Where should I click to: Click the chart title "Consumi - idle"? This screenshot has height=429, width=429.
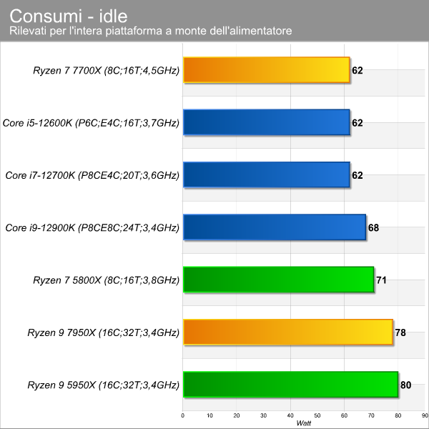69,16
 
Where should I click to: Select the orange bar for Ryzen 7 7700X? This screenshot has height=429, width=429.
267,70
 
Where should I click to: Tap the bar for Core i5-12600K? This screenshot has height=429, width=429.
267,122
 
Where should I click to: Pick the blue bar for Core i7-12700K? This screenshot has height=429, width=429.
267,175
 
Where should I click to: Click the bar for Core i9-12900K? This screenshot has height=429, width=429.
275,227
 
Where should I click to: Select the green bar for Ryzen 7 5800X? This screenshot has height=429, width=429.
279,280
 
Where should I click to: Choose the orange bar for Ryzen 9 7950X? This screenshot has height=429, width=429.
288,332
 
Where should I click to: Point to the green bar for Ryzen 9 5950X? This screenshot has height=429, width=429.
290,385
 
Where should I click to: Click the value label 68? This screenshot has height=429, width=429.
373,227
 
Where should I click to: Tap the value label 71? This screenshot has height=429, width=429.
381,280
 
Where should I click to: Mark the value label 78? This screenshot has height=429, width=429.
400,332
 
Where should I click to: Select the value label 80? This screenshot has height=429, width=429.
405,385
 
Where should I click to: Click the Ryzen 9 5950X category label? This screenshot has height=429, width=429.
104,385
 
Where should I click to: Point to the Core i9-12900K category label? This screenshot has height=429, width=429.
92,227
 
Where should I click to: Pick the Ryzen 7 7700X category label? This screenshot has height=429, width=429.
106,71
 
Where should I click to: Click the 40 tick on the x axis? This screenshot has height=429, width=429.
290,415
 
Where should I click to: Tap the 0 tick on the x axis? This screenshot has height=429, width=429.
183,415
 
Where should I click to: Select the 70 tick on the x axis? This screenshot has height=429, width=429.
371,415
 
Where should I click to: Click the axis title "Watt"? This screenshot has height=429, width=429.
304,423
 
